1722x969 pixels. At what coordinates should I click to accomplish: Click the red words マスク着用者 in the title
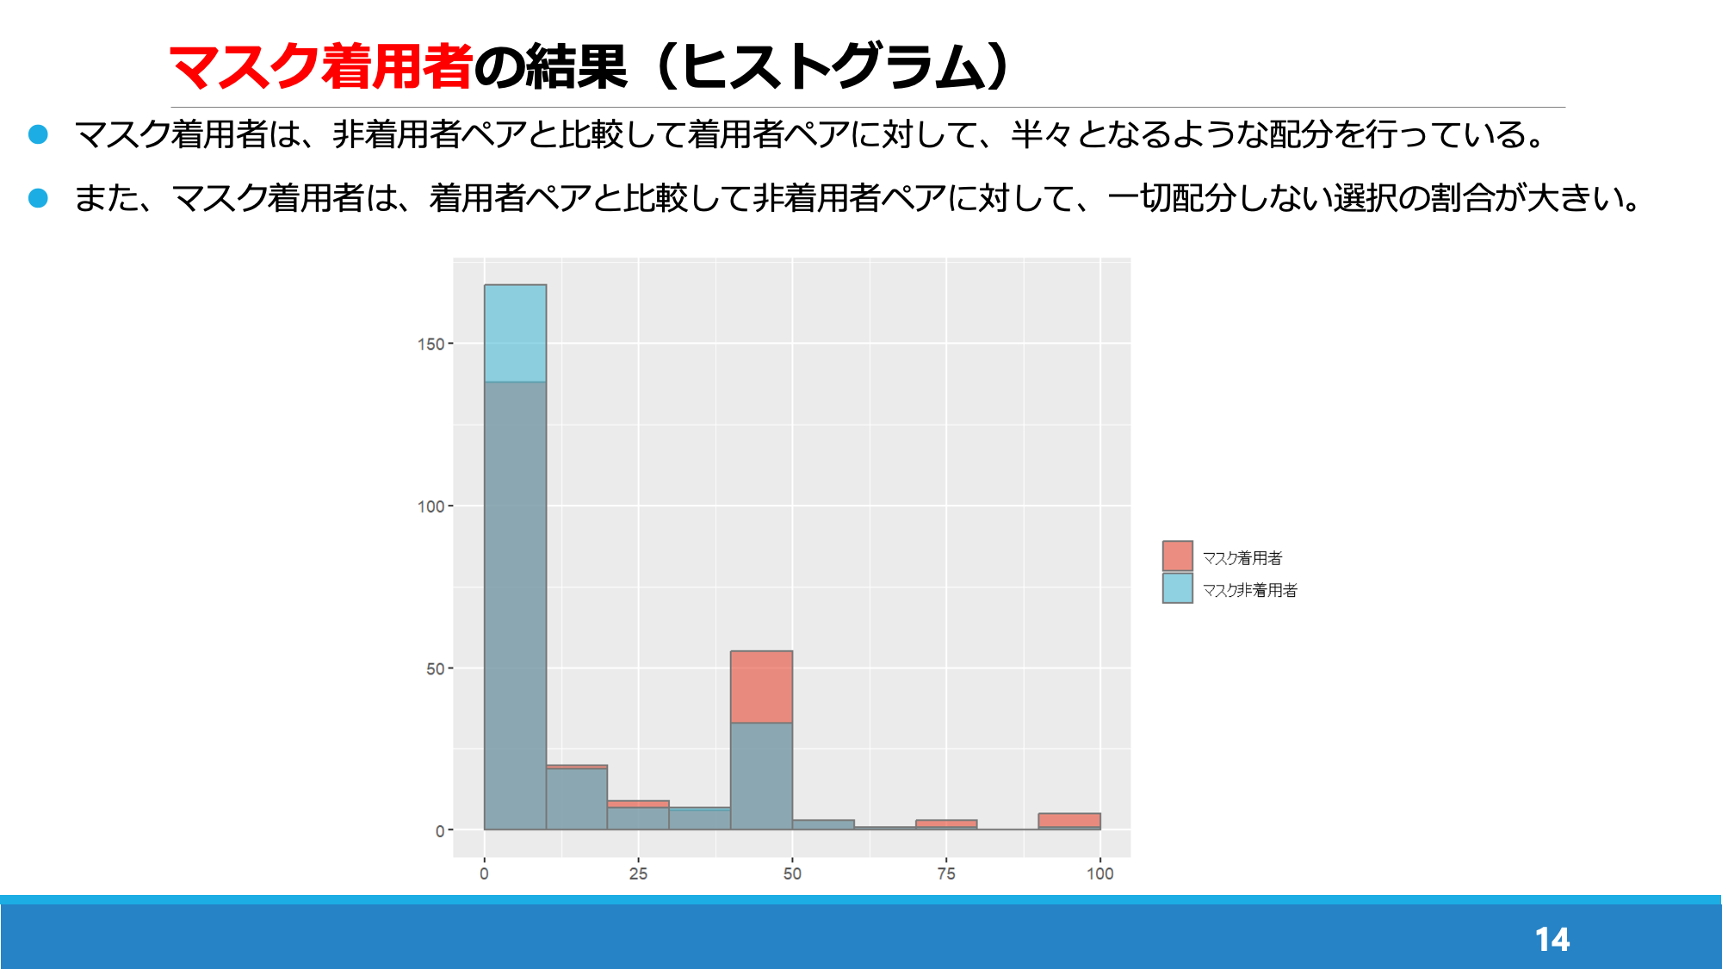coord(320,66)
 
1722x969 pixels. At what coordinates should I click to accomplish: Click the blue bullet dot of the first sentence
coord(38,134)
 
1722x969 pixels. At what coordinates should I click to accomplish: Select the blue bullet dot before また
coord(38,198)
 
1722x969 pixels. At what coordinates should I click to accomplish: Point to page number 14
coord(1552,939)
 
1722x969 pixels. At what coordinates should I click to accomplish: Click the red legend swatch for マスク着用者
coord(1177,556)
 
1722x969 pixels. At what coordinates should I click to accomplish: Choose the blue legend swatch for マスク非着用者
coord(1177,588)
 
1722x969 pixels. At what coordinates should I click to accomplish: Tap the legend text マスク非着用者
coord(1249,590)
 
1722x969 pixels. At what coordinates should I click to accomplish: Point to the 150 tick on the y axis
coord(430,344)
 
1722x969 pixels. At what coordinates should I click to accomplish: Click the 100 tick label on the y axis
coord(430,506)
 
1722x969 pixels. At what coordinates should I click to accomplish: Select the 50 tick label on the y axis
coord(435,669)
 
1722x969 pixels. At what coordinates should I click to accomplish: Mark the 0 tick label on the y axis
coord(440,831)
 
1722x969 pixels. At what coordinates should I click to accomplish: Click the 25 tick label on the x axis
coord(638,873)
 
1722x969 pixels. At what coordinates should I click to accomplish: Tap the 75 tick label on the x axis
coord(946,873)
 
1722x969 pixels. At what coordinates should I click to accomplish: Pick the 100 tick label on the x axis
coord(1099,873)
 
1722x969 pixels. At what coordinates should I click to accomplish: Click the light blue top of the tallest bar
coord(515,333)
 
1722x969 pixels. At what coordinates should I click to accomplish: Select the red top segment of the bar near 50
coord(761,687)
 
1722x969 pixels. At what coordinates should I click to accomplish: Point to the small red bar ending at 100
coord(1069,821)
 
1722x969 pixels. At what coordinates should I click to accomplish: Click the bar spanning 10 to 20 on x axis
coord(577,798)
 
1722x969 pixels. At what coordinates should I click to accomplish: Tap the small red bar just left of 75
coord(946,824)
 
